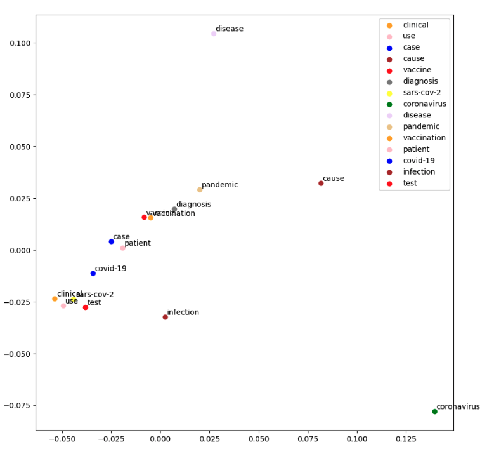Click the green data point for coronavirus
434,412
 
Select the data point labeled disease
214,34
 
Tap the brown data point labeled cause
321,184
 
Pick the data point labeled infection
166,317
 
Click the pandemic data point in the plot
200,190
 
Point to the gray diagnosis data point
174,210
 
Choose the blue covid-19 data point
93,274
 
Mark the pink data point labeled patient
123,248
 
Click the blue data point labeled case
112,241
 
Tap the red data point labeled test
86,307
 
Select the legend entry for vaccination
424,138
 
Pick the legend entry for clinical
415,25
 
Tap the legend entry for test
410,184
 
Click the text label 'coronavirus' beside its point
458,407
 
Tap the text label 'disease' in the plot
230,29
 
